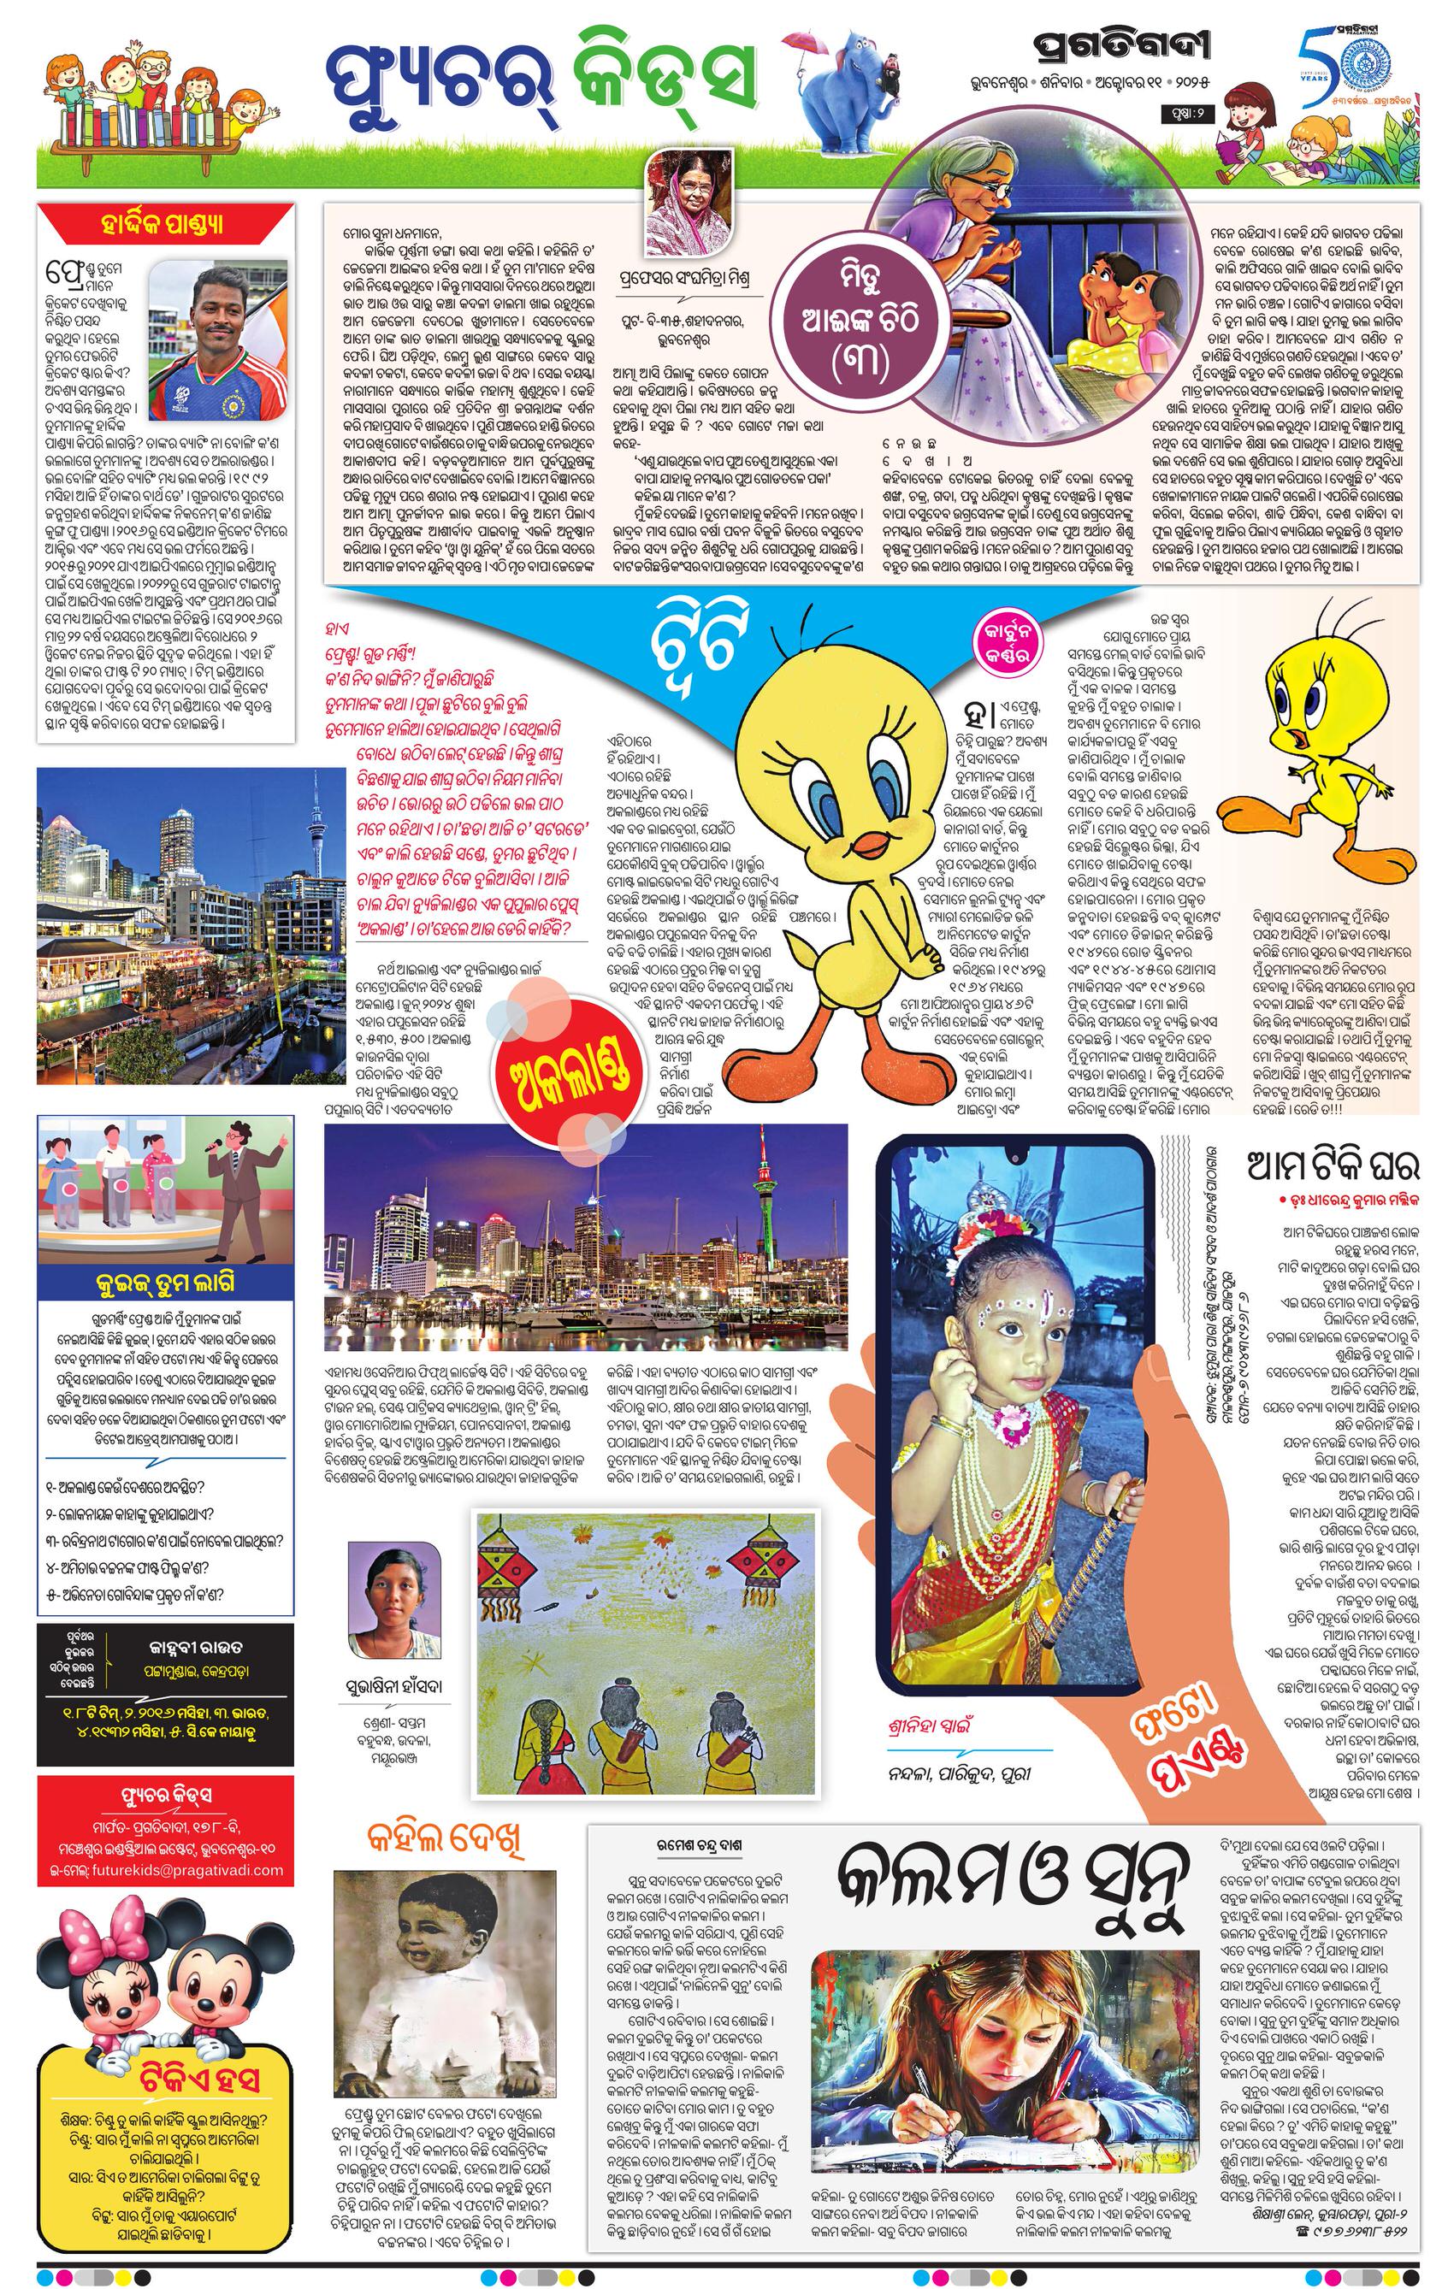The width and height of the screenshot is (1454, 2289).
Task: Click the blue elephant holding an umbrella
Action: pos(850,95)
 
